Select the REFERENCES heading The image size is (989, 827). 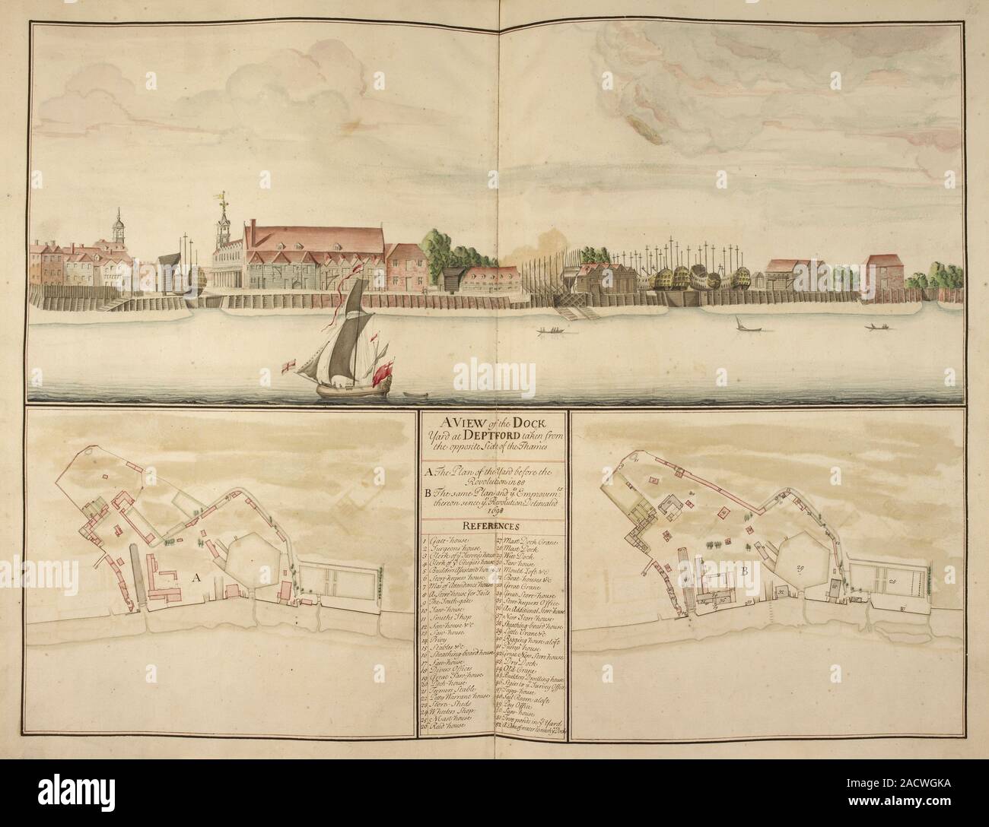coord(488,525)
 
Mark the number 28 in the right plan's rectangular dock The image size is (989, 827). coord(912,581)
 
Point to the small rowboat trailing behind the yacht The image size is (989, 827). coord(415,394)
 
